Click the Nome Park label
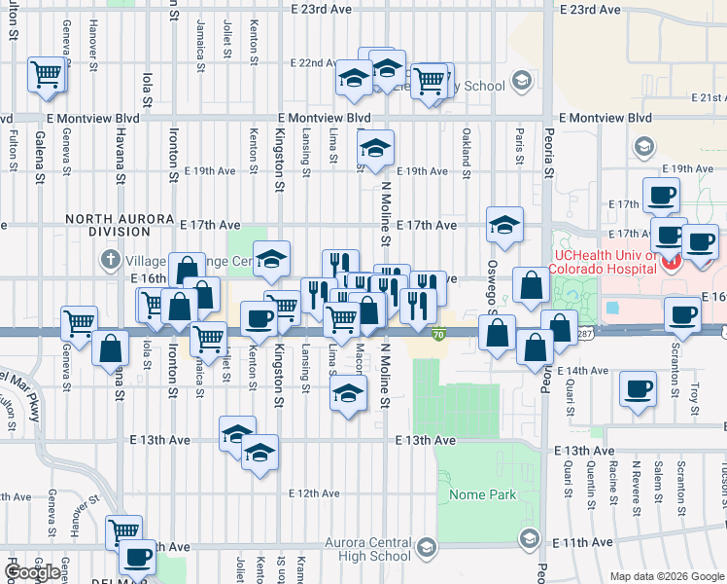click(x=483, y=494)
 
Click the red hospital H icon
click(x=670, y=261)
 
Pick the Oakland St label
click(x=467, y=146)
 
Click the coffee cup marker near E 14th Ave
click(x=639, y=389)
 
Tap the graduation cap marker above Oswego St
click(x=504, y=225)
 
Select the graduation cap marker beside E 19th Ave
click(x=374, y=148)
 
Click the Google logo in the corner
click(x=33, y=572)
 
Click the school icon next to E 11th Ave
click(x=528, y=537)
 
